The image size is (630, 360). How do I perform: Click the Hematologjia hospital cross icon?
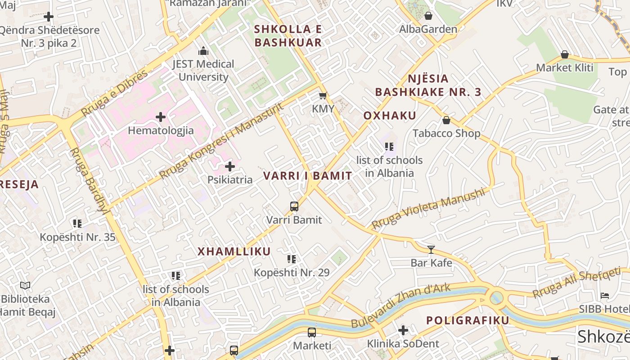[161, 117]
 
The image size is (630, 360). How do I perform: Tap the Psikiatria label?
[229, 180]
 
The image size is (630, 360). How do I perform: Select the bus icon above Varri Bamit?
[294, 207]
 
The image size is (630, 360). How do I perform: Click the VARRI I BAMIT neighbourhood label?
[307, 176]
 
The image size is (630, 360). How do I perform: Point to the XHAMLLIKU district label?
[234, 252]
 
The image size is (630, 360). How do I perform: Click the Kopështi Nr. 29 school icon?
[292, 259]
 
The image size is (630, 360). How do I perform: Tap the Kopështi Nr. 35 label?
[77, 237]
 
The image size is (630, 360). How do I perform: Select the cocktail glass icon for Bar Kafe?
[431, 249]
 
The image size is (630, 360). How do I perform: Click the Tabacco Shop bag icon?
[446, 120]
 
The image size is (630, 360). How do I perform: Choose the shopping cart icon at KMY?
[323, 95]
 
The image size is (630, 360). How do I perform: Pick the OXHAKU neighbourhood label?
[390, 116]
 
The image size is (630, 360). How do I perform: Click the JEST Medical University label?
[203, 70]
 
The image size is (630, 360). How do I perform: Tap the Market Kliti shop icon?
[565, 55]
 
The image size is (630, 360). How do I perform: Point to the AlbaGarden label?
[428, 29]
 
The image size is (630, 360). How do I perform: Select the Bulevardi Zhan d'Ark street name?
[400, 306]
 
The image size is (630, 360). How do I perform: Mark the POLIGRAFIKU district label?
[468, 320]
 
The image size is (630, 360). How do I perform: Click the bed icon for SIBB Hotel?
[605, 296]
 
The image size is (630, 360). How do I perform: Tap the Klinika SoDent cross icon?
[403, 331]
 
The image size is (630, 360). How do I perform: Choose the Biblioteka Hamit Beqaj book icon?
[25, 285]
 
